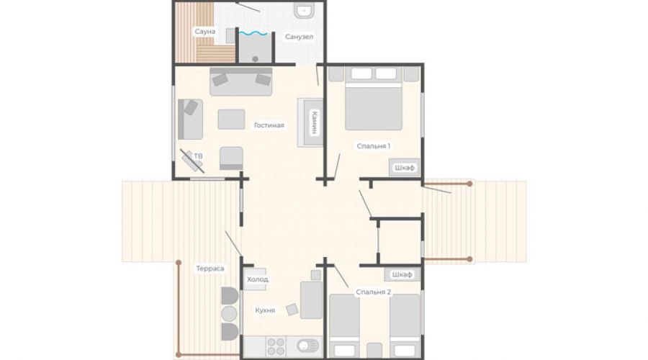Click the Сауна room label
coord(205,32)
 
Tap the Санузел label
coord(300,37)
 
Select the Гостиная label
coord(269,125)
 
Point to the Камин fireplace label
coord(314,122)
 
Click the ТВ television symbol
coord(192,161)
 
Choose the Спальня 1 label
coord(373,146)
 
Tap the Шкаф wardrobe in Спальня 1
coord(404,167)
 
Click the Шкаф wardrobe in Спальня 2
coord(402,274)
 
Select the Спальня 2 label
coord(373,292)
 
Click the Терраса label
coord(210,269)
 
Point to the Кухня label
coord(265,310)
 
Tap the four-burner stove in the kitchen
coord(276,347)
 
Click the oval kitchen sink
coord(307,346)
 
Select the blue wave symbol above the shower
coord(253,33)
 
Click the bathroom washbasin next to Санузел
coord(304,11)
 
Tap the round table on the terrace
coord(229,314)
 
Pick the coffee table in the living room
coord(231,119)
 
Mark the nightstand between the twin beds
coord(374,350)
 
